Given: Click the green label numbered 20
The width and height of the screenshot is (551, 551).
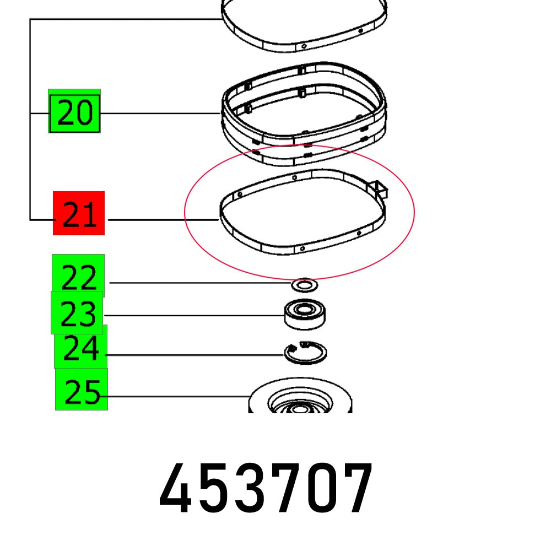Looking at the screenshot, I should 74,114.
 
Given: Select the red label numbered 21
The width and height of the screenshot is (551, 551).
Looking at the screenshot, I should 79,214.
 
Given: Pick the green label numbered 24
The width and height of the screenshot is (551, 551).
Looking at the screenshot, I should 80,348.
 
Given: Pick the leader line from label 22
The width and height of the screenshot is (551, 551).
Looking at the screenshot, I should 198,283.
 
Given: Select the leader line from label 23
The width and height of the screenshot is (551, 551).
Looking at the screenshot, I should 193,316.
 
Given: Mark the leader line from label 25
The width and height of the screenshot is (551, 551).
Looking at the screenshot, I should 176,396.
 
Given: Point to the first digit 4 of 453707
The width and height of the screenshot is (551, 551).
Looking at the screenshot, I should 177,488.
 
